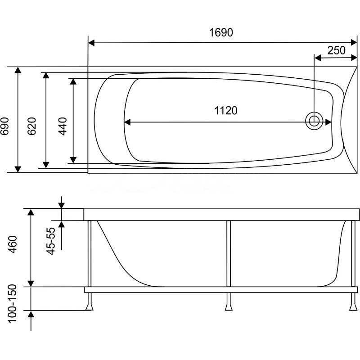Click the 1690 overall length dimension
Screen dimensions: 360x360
[x=221, y=32]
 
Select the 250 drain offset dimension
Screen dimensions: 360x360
[x=336, y=50]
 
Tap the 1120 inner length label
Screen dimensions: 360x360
[x=226, y=110]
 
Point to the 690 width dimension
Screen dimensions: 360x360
[x=5, y=126]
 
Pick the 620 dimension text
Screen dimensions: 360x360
[x=31, y=126]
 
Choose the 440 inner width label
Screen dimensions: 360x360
[x=63, y=126]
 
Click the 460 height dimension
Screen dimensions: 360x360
[x=13, y=244]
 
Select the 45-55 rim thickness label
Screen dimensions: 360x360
[x=51, y=241]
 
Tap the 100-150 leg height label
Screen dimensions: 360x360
[x=12, y=303]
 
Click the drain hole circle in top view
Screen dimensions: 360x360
[x=314, y=121]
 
